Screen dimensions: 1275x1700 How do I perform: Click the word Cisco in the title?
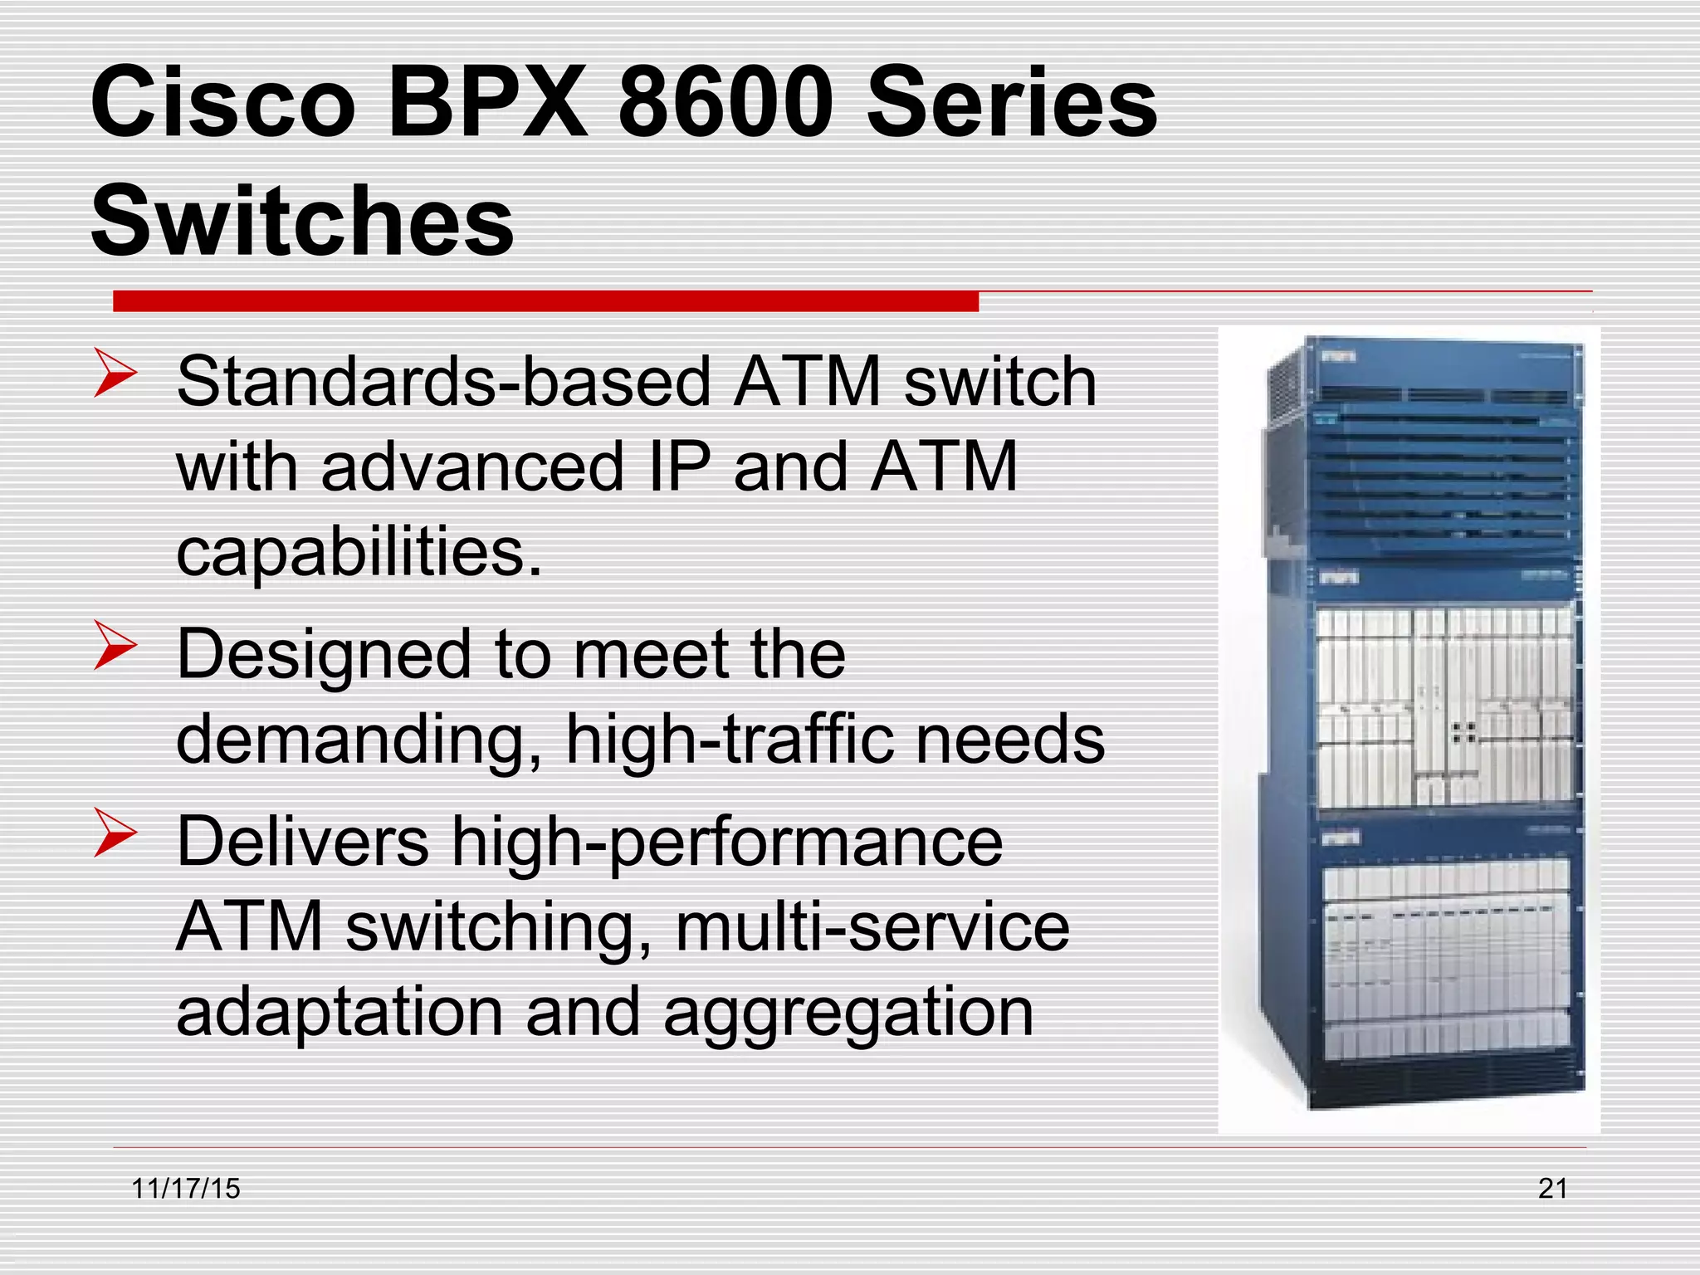(222, 103)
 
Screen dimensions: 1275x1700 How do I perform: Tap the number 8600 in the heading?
(725, 103)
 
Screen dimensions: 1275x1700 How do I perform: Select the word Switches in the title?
(302, 221)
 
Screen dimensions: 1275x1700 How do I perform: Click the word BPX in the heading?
(487, 103)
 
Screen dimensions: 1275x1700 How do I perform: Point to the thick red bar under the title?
(545, 300)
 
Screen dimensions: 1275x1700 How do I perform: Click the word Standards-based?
(444, 382)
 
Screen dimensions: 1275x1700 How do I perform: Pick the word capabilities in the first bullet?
(359, 552)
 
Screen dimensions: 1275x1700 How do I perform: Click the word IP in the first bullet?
(679, 467)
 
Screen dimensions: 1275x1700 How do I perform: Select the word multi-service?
(872, 926)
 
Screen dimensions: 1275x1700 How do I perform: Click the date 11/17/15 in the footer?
(186, 1189)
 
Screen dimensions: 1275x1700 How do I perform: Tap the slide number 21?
(1552, 1189)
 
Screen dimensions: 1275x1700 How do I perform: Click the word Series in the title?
(1011, 103)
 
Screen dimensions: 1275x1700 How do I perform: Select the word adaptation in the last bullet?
(340, 1013)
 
